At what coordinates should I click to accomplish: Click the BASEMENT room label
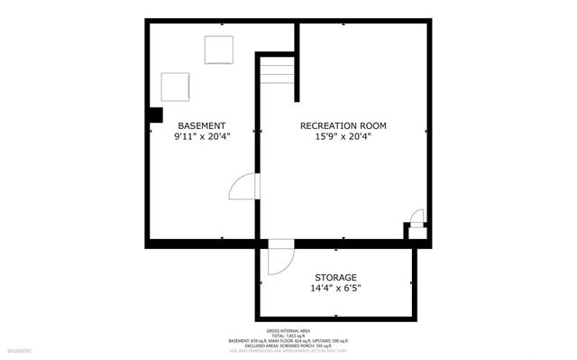(201, 125)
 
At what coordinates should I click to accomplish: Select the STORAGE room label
(335, 277)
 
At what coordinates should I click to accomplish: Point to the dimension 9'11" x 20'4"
(202, 137)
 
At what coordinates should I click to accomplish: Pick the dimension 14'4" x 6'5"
(335, 289)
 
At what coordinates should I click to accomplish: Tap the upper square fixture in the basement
(219, 50)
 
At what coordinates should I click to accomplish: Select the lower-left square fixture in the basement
(176, 87)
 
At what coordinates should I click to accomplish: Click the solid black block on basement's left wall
(155, 115)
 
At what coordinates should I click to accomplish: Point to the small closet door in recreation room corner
(416, 217)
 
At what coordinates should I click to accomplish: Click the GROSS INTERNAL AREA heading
(288, 328)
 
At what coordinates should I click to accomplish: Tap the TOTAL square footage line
(288, 334)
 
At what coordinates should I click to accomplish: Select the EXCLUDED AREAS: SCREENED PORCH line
(288, 345)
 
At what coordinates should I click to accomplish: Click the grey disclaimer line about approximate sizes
(288, 350)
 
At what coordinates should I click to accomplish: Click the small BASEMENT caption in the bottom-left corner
(20, 350)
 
